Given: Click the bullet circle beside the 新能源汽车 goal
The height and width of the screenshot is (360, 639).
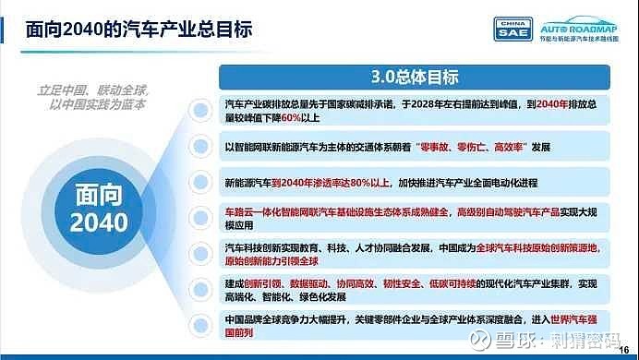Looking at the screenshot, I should [198, 181].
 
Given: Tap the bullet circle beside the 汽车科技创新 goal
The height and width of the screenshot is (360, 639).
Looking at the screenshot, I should [198, 253].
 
